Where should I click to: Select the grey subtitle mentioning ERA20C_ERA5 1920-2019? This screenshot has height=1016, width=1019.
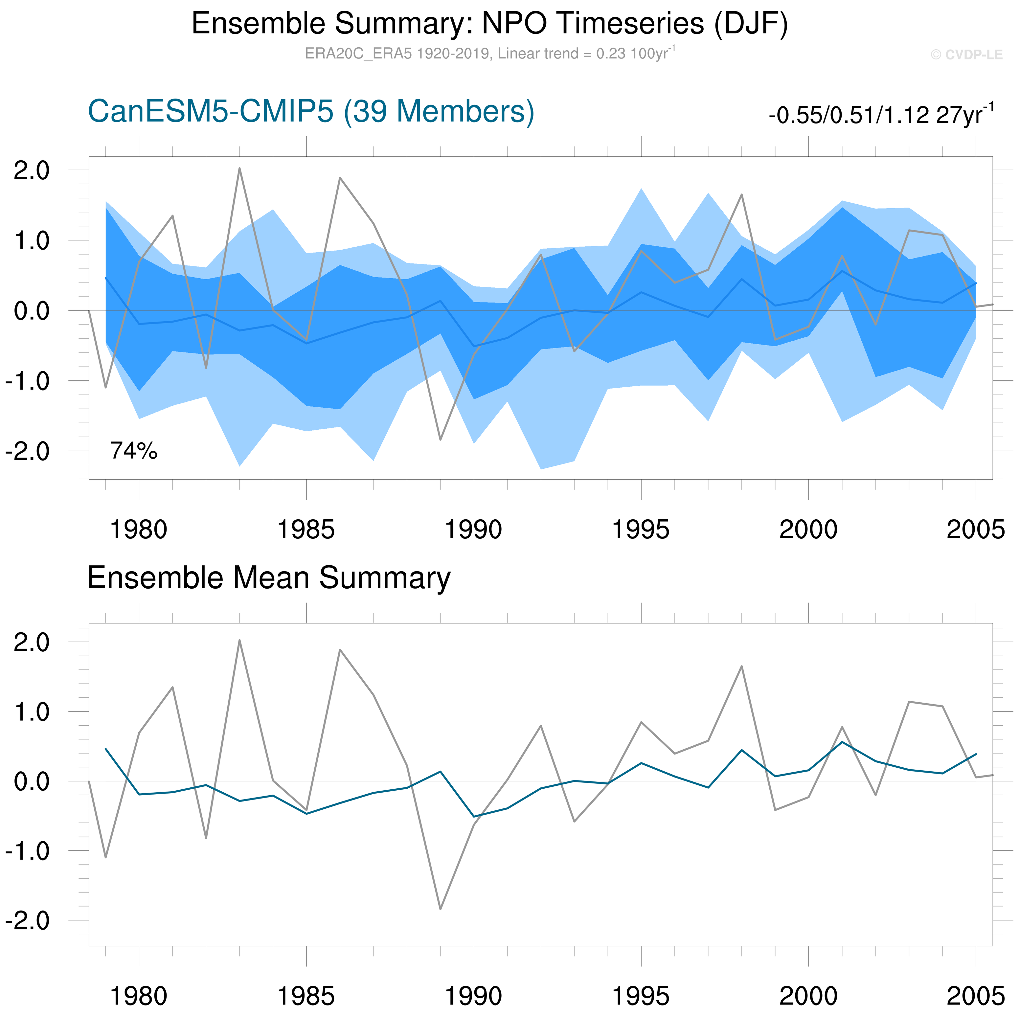click(489, 54)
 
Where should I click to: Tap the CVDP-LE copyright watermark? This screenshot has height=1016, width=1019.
click(966, 55)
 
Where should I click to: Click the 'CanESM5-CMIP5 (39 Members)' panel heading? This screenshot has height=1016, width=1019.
click(311, 112)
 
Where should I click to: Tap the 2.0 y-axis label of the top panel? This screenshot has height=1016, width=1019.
click(32, 171)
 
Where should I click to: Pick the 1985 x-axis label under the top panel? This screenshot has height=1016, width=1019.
click(306, 530)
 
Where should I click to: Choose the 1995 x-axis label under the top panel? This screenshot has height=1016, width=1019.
click(641, 530)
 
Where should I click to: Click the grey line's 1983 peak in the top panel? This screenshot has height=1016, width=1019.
click(239, 169)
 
